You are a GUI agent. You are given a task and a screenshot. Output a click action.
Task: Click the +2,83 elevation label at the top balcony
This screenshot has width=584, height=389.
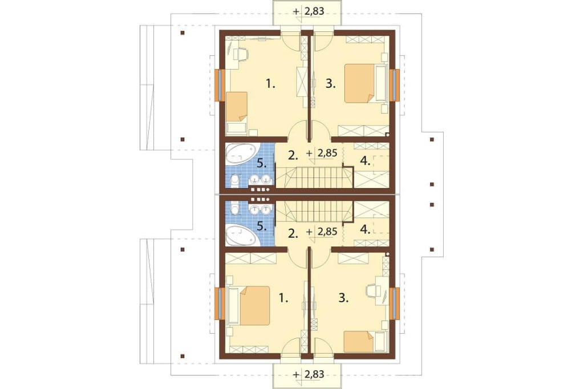click(x=309, y=11)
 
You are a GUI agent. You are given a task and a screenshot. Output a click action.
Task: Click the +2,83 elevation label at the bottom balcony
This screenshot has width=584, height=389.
click(x=309, y=374)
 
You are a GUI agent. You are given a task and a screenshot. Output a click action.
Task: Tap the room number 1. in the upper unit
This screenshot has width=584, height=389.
click(x=271, y=84)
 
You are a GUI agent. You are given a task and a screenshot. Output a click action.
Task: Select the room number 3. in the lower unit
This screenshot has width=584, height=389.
click(x=344, y=298)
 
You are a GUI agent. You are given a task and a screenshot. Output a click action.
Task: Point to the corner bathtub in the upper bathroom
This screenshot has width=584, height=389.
click(x=241, y=155)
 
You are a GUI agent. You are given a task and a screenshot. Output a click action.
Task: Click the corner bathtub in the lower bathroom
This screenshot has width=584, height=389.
click(x=241, y=234)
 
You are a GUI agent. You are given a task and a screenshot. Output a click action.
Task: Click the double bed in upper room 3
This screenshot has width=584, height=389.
click(x=360, y=83)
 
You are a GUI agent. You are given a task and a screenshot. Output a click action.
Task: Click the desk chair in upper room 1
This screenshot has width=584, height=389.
click(x=242, y=54)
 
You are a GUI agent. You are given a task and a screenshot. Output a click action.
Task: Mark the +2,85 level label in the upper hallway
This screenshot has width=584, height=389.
click(x=322, y=153)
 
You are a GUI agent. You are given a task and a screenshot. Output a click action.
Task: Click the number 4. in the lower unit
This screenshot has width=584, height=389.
click(x=366, y=230)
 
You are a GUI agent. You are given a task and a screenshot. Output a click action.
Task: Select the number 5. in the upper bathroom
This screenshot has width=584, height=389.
click(x=262, y=163)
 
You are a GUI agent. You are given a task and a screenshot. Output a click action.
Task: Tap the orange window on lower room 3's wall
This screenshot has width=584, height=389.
click(x=395, y=303)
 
